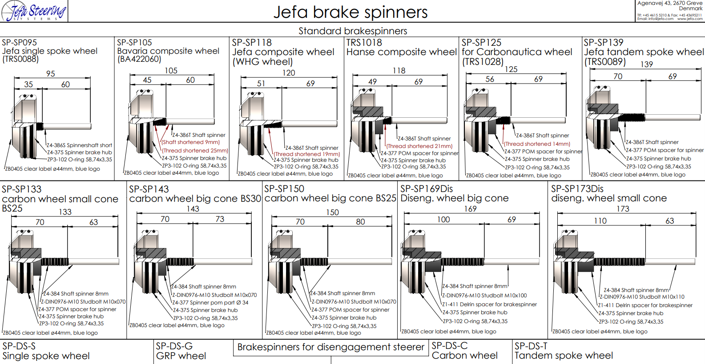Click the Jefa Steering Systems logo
pos(34,12)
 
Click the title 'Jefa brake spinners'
pos(350,12)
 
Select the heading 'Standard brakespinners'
pos(353,31)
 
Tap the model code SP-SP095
pos(20,43)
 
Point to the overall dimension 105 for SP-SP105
pos(171,71)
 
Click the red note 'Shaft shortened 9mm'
pos(191,142)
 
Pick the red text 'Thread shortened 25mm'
pos(195,151)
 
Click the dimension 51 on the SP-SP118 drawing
pos(261,84)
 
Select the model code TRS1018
pos(364,43)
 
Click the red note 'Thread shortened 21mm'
pos(419,146)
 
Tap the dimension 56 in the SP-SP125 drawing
pos(490,79)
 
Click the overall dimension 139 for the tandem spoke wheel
pos(646,64)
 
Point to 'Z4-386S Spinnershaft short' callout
pos(80,145)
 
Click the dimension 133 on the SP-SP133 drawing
pos(65,212)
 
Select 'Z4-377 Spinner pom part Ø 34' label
pos(210,303)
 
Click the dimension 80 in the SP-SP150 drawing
pos(360,222)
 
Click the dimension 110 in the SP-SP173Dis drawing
pos(600,221)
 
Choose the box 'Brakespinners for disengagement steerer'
pos(330,347)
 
